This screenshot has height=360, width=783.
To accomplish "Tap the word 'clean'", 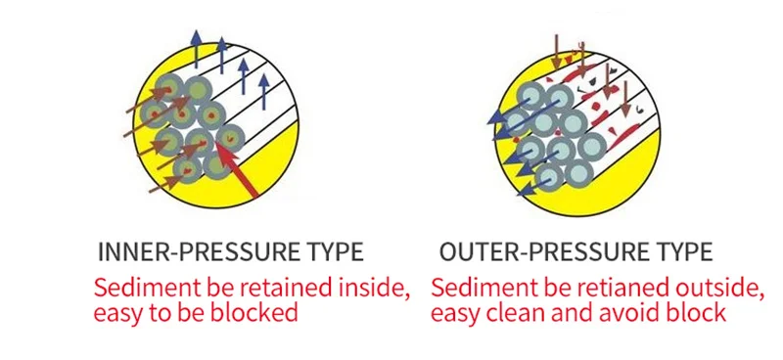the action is point(517,312).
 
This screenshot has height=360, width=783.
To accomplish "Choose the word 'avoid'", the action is point(631,312).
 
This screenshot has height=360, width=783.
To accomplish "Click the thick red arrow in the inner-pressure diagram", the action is point(238,170).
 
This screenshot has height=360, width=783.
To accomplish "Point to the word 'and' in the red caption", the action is point(572,312).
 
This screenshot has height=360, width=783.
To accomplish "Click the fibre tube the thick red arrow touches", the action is point(230,137).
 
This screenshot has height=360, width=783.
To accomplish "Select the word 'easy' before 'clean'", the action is point(456,314).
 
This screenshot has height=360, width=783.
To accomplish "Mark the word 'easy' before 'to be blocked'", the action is point(118,314).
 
